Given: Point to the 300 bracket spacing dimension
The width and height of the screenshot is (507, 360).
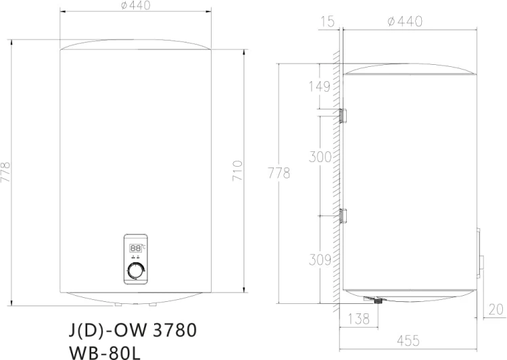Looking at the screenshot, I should pos(320,157).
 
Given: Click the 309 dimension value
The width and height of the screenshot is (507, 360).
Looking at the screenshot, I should pos(319,258).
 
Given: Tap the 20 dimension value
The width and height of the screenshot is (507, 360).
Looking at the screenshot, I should pos(496,309).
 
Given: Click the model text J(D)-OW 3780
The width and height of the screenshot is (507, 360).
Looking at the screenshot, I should pos(132,331).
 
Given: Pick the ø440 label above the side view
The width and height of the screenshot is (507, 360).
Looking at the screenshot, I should pos(406,22).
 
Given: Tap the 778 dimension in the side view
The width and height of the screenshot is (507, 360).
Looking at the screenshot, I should pos(279,173).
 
